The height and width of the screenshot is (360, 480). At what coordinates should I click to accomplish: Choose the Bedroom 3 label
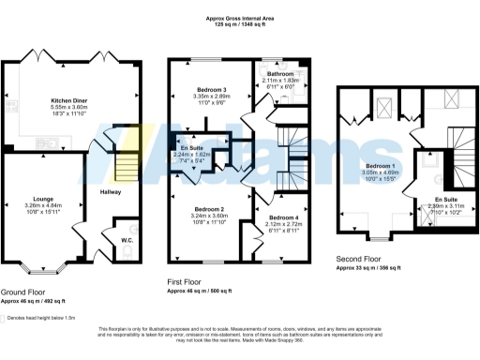click(x=213, y=89)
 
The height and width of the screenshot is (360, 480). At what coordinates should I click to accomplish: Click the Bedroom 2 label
click(x=211, y=208)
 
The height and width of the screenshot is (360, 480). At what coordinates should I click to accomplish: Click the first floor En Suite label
click(x=191, y=149)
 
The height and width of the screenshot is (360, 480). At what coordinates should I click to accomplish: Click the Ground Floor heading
click(x=22, y=292)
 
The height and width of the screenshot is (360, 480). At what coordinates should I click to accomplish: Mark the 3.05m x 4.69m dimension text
click(x=380, y=172)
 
